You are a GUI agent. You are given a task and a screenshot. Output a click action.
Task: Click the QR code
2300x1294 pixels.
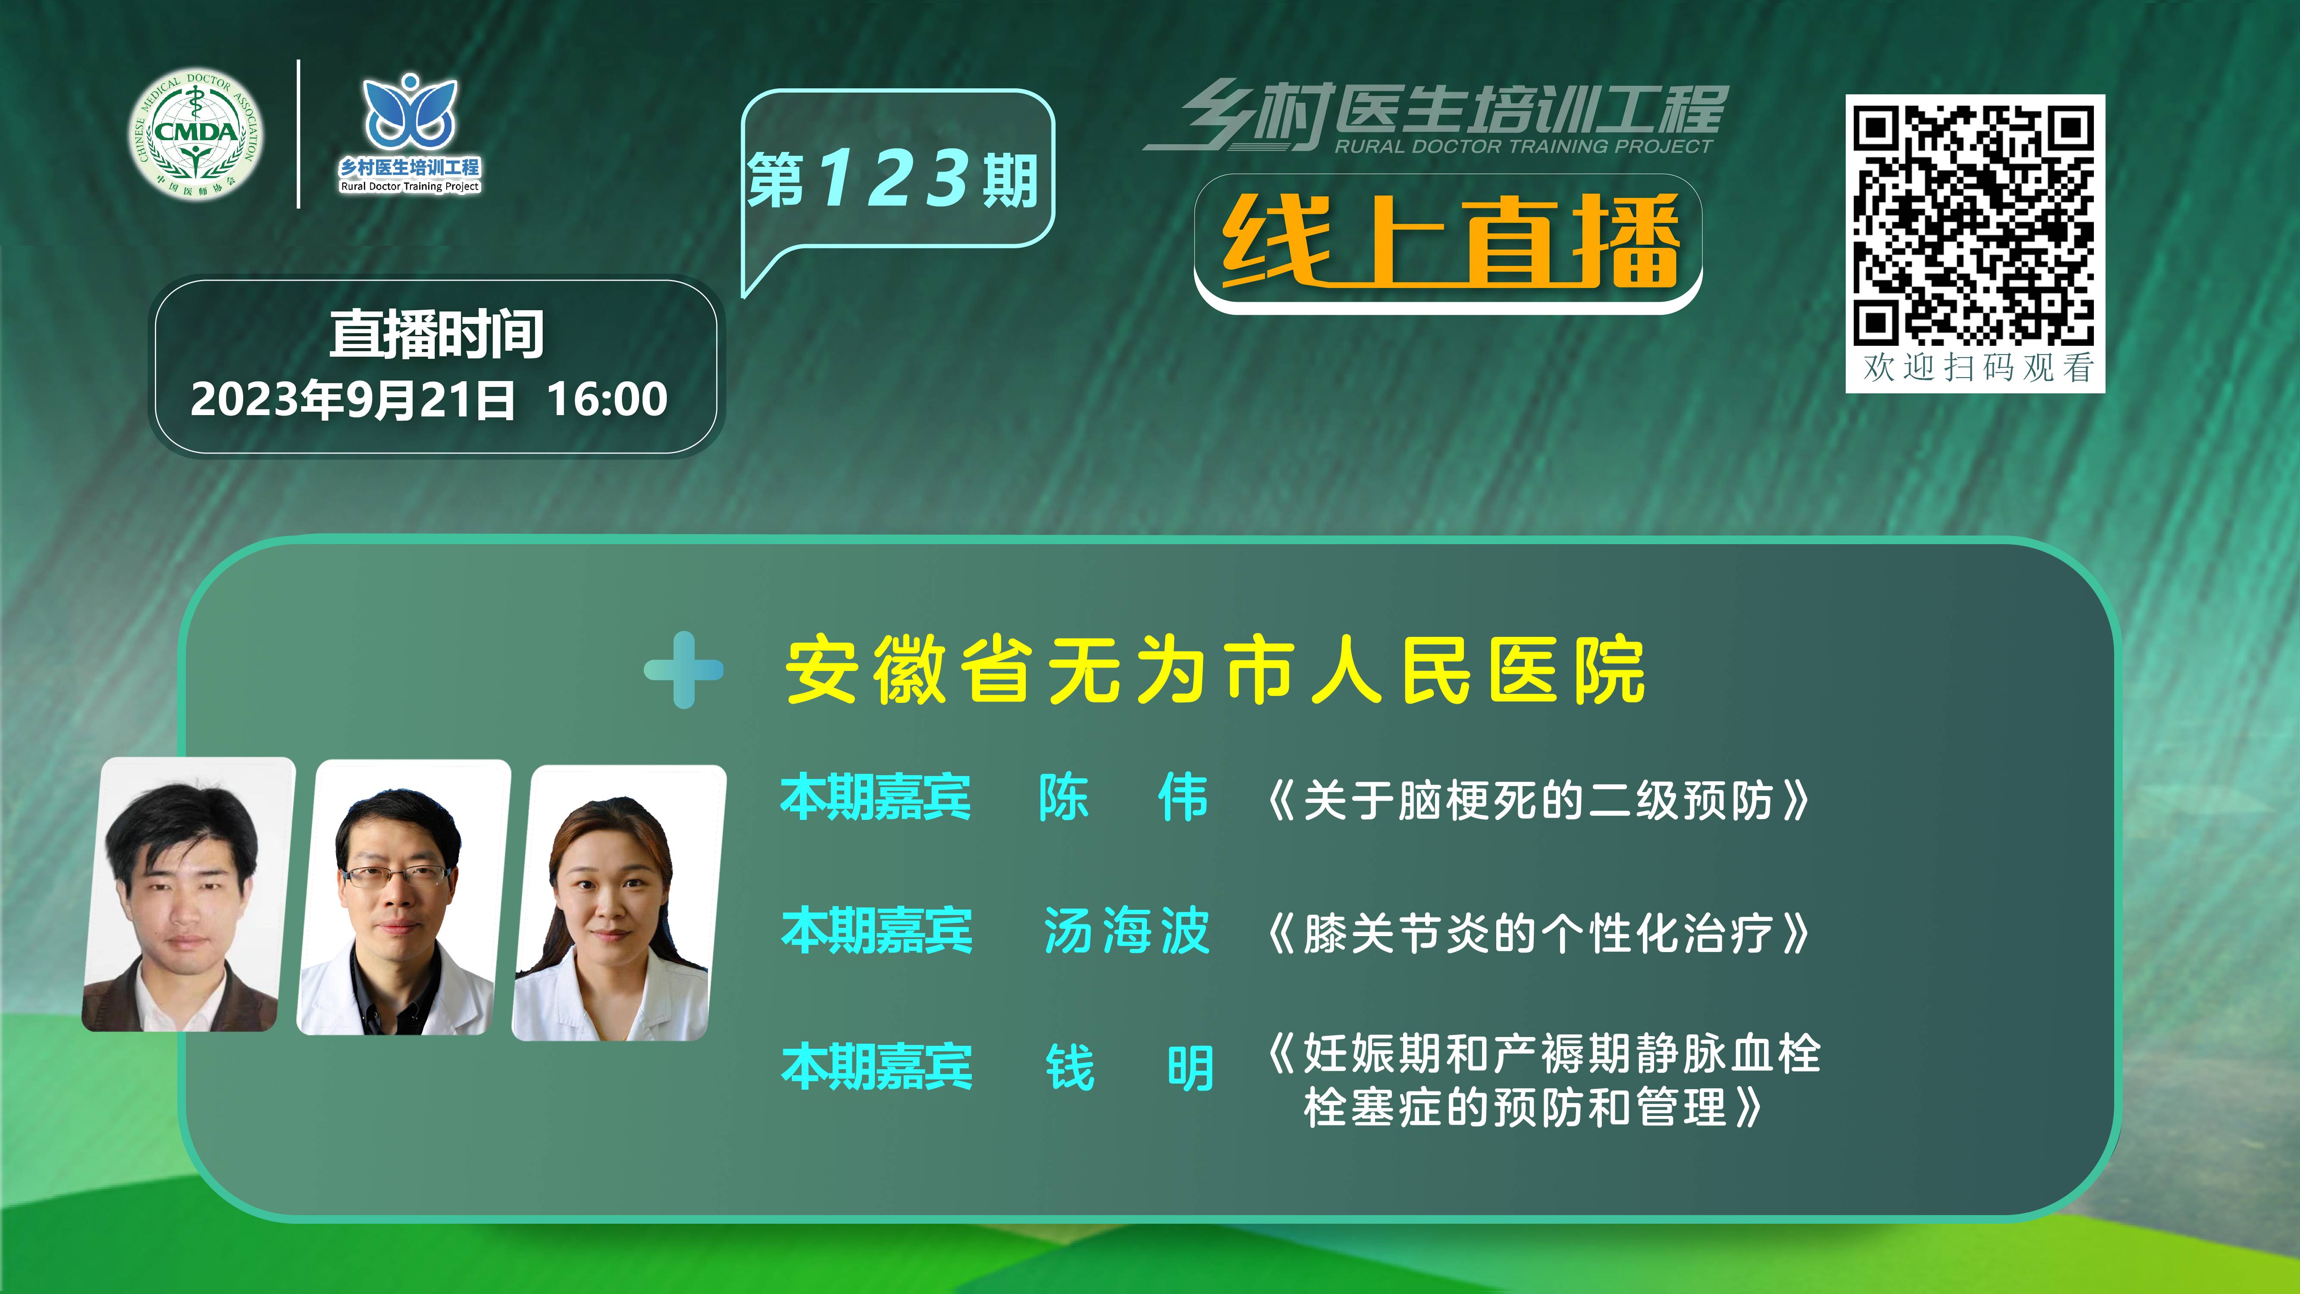(x=1974, y=224)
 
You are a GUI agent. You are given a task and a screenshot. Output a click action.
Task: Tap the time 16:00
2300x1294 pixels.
(x=607, y=399)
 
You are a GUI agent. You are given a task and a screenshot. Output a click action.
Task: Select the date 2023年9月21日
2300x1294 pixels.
(x=353, y=399)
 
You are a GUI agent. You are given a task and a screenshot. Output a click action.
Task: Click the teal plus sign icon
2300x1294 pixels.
(x=684, y=670)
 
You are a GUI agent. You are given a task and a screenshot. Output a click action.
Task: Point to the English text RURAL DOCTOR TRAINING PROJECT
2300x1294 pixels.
(x=1523, y=147)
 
